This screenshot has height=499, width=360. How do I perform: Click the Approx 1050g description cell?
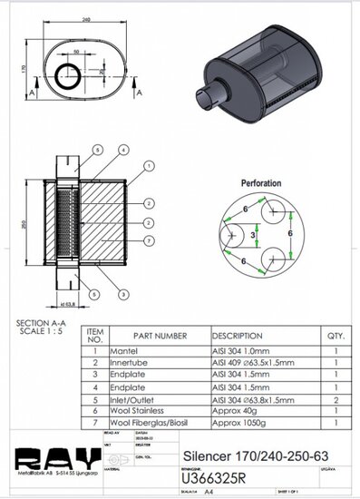click(x=242, y=421)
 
